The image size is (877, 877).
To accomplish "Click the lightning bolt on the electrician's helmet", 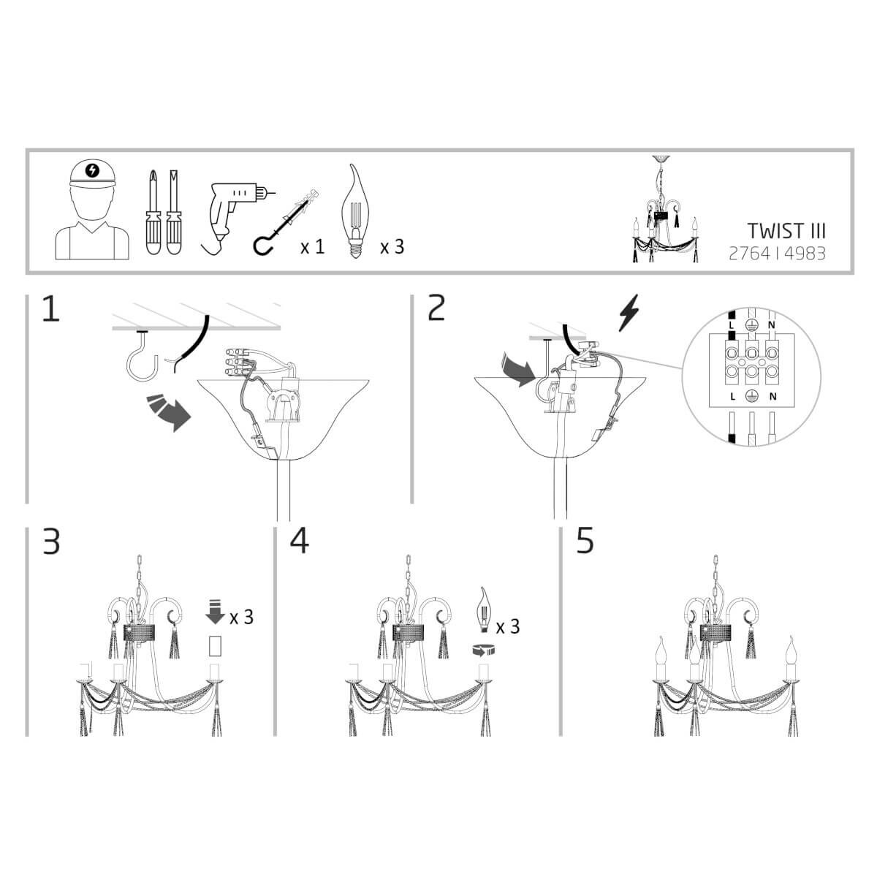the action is pyautogui.click(x=92, y=170).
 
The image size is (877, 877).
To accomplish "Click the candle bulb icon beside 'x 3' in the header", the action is pyautogui.click(x=355, y=212).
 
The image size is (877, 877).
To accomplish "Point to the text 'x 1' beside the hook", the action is pyautogui.click(x=312, y=247).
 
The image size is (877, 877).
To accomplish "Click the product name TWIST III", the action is pyautogui.click(x=786, y=231).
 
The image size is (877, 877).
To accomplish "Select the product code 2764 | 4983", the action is pyautogui.click(x=777, y=254).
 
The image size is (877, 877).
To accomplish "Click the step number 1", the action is pyautogui.click(x=51, y=308).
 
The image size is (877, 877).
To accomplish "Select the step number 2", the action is pyautogui.click(x=436, y=308).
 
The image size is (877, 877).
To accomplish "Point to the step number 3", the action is pyautogui.click(x=51, y=541).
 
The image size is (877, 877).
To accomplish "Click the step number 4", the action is pyautogui.click(x=300, y=541).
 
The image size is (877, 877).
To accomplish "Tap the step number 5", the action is pyautogui.click(x=585, y=541).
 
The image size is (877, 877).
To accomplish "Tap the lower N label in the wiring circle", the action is pyautogui.click(x=772, y=397).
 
